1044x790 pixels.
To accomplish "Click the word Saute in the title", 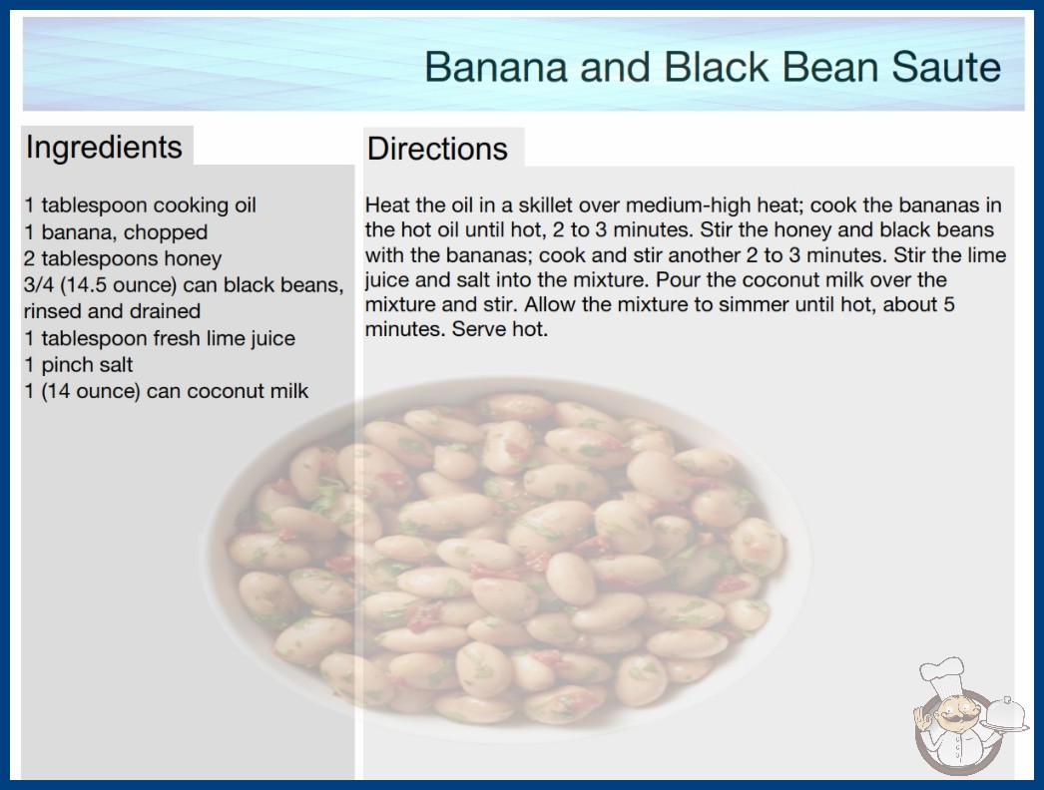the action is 945,67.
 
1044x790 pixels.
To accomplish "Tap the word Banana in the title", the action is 496,67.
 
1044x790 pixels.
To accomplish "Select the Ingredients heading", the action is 104,148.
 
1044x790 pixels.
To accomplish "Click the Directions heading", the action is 437,149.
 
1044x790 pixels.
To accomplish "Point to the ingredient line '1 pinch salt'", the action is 79,365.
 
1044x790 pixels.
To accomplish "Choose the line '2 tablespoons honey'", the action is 123,259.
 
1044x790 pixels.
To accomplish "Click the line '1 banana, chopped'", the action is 116,232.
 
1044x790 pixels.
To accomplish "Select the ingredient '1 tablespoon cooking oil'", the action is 140,205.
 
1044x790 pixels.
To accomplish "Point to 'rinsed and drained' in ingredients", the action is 112,311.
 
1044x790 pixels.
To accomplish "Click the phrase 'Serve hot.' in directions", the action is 500,329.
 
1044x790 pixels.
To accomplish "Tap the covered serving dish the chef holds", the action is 1004,715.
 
